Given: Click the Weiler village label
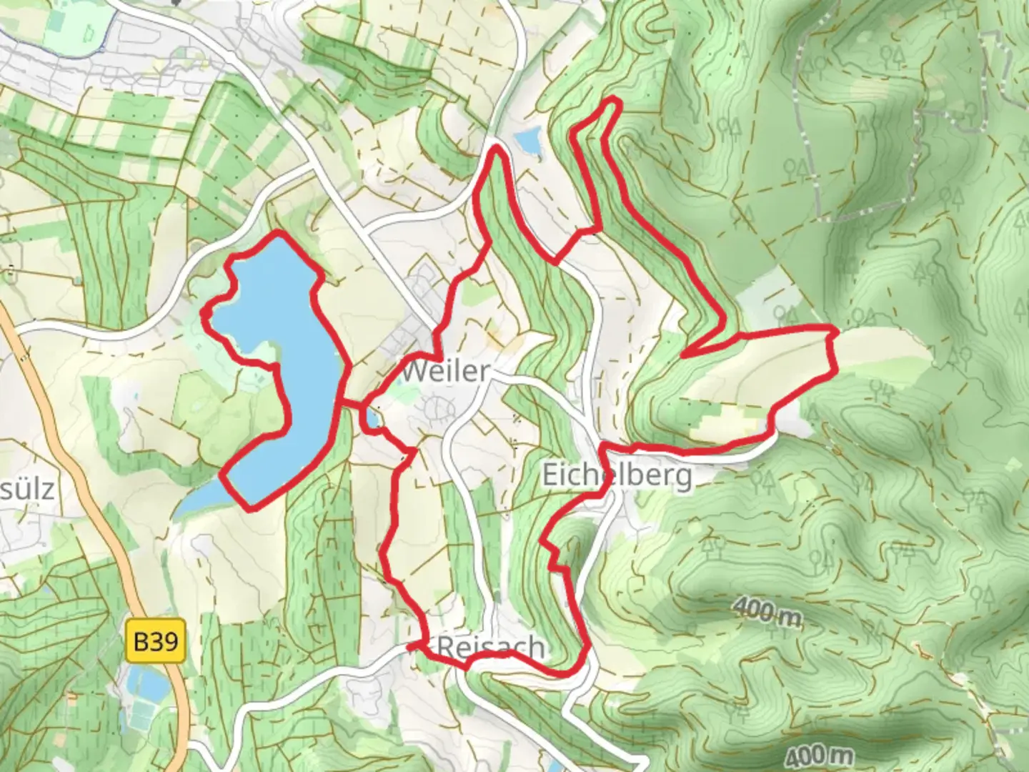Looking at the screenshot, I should [x=446, y=371].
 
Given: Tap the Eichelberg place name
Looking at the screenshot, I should [x=617, y=475].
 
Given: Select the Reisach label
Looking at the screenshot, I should [x=490, y=648].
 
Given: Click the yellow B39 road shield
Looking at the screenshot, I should [x=156, y=641].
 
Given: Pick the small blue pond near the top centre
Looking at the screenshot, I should [x=529, y=141].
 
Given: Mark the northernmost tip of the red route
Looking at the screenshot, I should [x=612, y=102].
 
